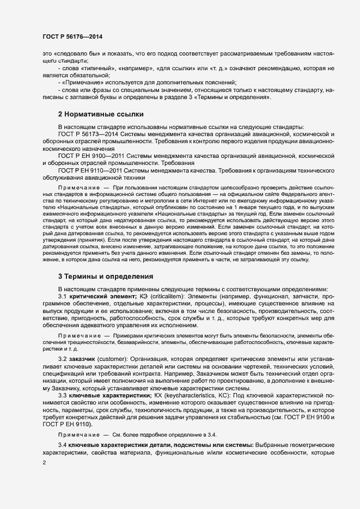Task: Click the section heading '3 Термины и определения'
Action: click(x=106, y=277)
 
